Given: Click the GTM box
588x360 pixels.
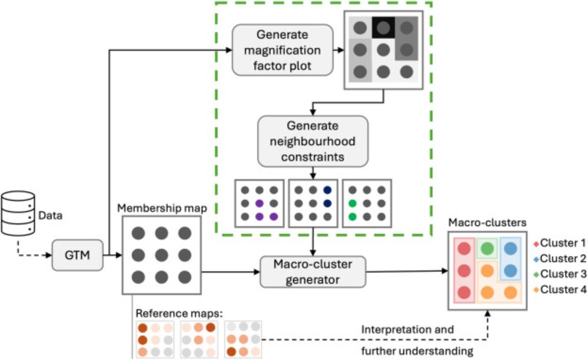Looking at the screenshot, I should [x=77, y=255].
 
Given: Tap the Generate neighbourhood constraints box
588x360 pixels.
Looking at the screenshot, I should [x=312, y=141].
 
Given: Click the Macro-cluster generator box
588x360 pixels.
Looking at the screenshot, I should [x=313, y=271].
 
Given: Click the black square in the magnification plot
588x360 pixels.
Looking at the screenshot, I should [x=383, y=26].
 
